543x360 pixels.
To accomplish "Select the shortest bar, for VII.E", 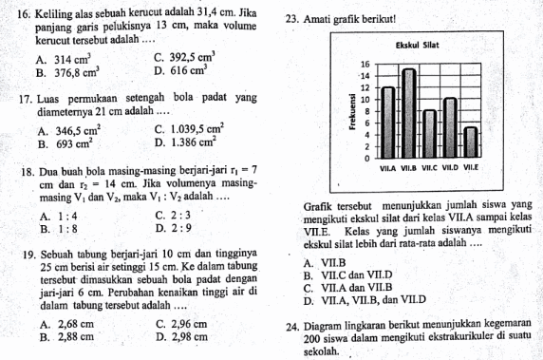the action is (x=471, y=142).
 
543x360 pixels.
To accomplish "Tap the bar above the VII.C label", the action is (x=430, y=134).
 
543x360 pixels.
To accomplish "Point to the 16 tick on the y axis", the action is (x=364, y=62).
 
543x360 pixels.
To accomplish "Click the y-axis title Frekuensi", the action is (x=350, y=109).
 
